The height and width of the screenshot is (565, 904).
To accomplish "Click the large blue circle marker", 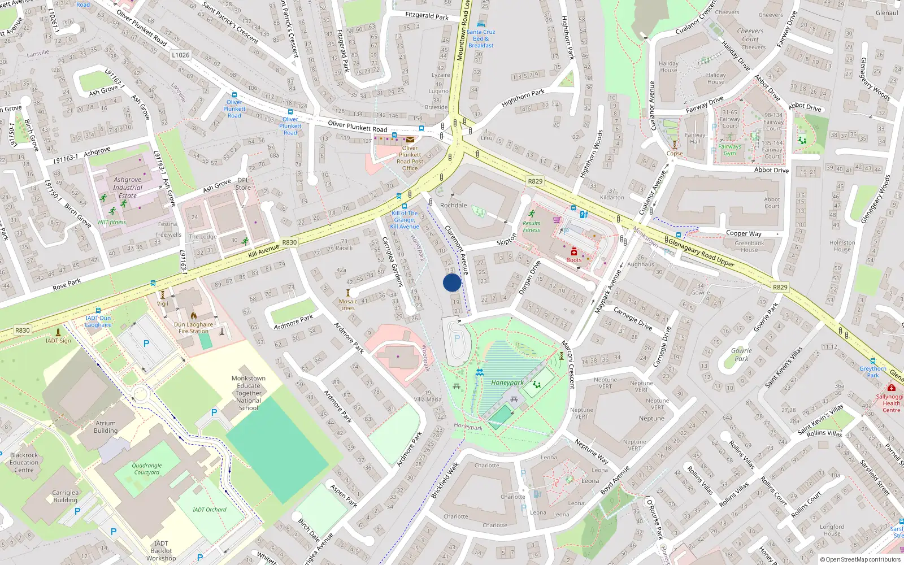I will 452,282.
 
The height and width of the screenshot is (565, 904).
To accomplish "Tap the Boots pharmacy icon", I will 573,252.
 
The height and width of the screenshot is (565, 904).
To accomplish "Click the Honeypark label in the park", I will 507,383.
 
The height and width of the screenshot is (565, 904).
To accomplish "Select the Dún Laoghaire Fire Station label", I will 193,328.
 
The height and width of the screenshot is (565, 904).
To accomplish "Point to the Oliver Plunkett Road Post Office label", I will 410,158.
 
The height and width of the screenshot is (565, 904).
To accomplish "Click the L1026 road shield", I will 181,55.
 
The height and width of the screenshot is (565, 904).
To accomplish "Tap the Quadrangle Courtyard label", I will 147,469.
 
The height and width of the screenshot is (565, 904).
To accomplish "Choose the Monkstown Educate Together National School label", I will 249,393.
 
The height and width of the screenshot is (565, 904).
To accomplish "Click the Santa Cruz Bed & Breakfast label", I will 481,38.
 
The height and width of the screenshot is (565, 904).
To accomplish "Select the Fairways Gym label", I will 729,150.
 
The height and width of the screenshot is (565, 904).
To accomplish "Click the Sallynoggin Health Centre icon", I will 891,388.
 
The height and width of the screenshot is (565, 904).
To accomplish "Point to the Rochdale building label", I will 453,205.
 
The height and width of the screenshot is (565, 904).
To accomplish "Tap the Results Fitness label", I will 531,226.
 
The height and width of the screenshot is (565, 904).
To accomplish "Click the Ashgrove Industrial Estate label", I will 127,188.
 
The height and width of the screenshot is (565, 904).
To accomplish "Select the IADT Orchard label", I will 209,510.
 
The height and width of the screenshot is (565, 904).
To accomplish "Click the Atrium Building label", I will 106,427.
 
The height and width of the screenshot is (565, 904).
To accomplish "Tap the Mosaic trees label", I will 348,305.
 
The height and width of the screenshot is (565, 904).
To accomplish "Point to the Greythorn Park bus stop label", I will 872,372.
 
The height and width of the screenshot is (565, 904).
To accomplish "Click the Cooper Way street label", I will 744,233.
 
